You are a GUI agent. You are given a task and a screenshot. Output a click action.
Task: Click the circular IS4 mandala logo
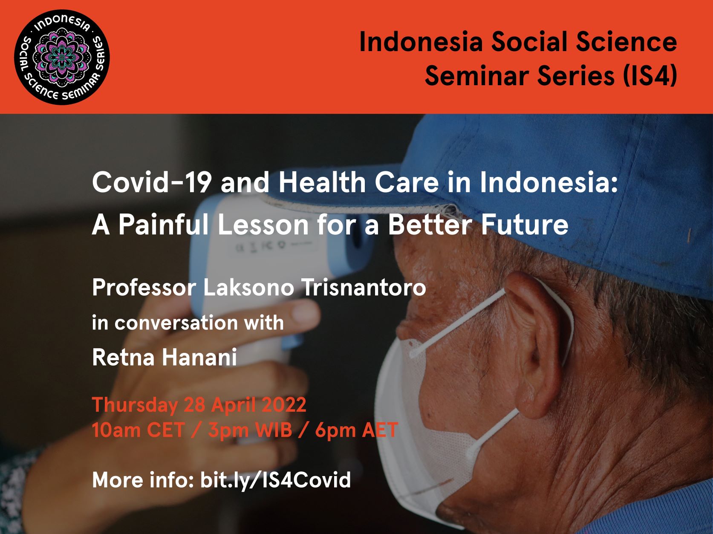[x=62, y=57]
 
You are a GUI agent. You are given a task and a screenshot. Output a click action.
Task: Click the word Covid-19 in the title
[x=152, y=182]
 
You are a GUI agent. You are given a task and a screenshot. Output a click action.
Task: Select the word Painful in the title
[x=163, y=224]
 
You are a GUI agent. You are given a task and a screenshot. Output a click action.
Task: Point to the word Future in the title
[x=525, y=225]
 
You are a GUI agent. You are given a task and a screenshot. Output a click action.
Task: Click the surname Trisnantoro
[x=364, y=288]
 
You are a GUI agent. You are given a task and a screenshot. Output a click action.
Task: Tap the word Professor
[x=144, y=288]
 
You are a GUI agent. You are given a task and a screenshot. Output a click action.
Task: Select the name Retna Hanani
[x=165, y=357]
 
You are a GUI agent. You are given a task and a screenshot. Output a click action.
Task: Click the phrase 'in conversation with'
[x=188, y=323]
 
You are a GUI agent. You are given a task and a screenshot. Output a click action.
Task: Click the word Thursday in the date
[x=135, y=405]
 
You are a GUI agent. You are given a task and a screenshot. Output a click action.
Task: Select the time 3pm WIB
[x=250, y=430]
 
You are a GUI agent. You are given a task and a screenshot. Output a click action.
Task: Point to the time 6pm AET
[x=356, y=430]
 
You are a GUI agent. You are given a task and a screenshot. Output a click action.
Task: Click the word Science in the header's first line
[x=626, y=42]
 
